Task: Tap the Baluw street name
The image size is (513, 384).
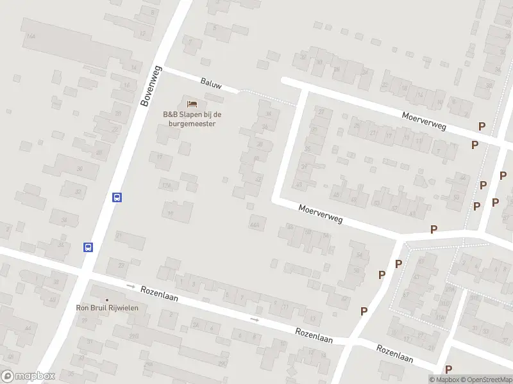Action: click(210, 83)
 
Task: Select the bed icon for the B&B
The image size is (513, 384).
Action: click(191, 104)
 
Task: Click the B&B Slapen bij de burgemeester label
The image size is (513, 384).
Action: click(192, 119)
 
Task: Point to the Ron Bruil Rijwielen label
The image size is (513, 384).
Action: click(108, 308)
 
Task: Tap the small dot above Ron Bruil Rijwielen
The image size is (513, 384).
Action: click(107, 300)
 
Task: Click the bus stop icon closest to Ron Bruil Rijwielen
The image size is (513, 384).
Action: click(88, 247)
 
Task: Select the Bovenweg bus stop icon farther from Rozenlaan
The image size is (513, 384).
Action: click(117, 197)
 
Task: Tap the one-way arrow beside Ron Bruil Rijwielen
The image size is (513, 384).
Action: click(131, 286)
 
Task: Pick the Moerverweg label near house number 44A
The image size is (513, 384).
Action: click(321, 214)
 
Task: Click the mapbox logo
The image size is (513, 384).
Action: click(28, 376)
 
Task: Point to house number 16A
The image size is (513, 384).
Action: click(30, 37)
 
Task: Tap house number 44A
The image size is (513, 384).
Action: click(256, 224)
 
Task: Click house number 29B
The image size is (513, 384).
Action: click(133, 335)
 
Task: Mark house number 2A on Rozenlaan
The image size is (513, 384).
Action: click(196, 324)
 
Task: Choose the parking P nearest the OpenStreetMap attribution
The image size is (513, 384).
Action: click(448, 369)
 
